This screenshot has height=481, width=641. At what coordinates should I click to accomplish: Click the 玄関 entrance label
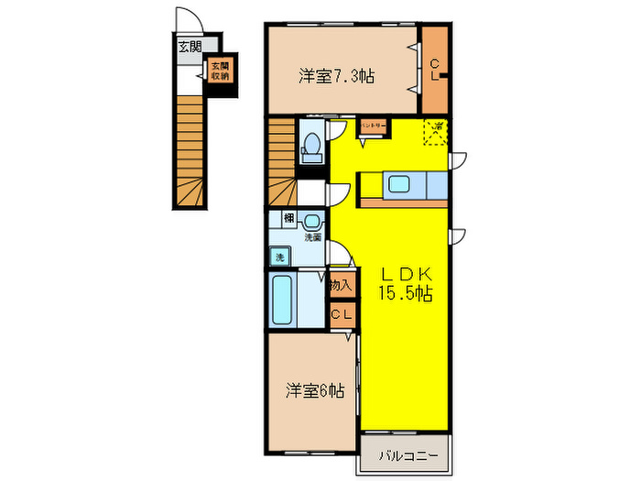coord(189,46)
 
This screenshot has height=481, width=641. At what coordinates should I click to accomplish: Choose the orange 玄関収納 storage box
coord(220,71)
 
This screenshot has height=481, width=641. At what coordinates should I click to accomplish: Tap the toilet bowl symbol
coord(311,146)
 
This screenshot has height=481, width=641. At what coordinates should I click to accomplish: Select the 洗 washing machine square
coord(279,257)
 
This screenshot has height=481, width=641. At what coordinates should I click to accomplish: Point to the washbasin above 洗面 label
coord(313,221)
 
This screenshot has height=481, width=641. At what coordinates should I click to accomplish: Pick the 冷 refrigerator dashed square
coord(436,133)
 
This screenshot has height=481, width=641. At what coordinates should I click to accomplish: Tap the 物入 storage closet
coord(342,284)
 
